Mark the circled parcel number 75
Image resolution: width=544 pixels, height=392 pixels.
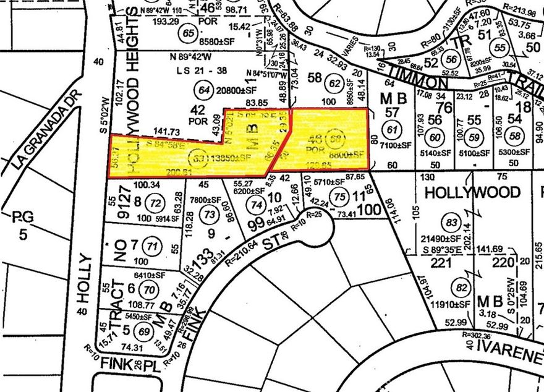339,196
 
